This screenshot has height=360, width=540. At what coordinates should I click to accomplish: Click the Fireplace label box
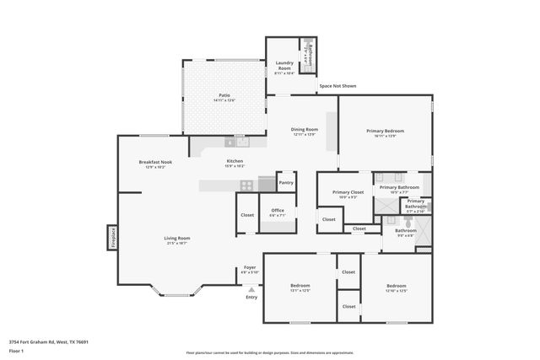[x=111, y=237]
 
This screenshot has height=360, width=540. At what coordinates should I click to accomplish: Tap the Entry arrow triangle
[x=251, y=289]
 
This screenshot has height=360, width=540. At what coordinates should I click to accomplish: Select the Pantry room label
[x=286, y=182]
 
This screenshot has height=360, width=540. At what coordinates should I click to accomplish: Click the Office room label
[x=277, y=210]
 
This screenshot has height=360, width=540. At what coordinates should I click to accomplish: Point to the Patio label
[x=224, y=96]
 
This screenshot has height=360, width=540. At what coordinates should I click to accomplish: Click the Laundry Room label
[x=283, y=66]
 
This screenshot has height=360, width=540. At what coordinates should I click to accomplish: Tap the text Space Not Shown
[x=337, y=86]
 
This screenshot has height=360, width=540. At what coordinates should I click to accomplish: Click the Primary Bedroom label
[x=385, y=131]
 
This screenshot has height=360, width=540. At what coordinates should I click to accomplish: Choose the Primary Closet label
[x=347, y=192]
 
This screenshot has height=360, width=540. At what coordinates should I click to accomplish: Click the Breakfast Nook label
[x=155, y=162]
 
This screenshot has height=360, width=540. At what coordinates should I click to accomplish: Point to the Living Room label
[x=176, y=239]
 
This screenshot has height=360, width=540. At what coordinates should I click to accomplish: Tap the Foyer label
[x=250, y=267]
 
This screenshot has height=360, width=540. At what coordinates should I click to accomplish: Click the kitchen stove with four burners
[x=246, y=185]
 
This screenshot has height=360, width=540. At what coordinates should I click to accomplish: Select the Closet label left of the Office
[x=247, y=215]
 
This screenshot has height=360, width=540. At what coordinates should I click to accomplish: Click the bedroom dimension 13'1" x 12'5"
[x=300, y=291]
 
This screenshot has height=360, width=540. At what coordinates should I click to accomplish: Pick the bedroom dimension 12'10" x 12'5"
[x=397, y=291]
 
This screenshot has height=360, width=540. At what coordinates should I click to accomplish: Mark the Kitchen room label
[x=235, y=161]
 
